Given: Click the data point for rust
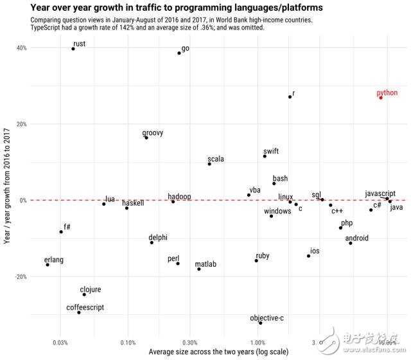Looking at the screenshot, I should (73, 49).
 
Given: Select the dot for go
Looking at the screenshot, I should (179, 53).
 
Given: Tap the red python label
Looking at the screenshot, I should (387, 93).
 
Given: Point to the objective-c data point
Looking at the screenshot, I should (260, 323).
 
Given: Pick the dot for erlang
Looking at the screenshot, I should (48, 265).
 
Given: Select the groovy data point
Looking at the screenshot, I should (146, 138).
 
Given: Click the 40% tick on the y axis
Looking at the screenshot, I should (21, 48).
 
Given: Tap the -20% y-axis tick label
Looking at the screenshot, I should (20, 276).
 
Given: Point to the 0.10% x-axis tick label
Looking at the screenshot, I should (127, 342).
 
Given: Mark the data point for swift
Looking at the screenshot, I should (265, 156).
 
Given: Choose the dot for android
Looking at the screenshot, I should (351, 243).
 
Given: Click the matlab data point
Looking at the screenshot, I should (199, 269).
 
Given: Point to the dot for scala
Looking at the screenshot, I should (209, 164).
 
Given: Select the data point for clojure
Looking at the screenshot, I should (84, 294).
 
